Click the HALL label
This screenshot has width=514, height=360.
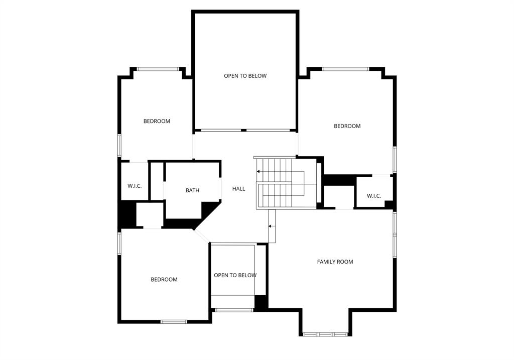click(239, 189)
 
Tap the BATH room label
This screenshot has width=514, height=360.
click(192, 190)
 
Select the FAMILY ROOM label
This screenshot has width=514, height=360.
click(335, 262)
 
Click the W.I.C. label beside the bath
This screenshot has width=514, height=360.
click(135, 186)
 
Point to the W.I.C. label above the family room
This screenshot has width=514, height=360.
click(374, 196)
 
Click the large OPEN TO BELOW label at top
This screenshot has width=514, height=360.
click(245, 76)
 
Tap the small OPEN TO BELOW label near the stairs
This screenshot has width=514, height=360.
click(235, 275)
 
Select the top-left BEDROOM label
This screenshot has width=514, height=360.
click(157, 121)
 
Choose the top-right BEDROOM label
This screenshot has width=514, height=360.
click(347, 126)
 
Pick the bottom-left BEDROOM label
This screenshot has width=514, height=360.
click(164, 280)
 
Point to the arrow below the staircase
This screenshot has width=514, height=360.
click(272, 226)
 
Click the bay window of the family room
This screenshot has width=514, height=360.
click(325, 334)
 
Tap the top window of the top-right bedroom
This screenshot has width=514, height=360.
click(345, 69)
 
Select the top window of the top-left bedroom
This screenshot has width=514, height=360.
click(158, 69)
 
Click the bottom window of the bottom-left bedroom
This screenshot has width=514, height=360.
click(174, 321)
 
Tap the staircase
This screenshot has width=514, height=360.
click(281, 183)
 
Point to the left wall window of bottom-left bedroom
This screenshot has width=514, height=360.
click(119, 243)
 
